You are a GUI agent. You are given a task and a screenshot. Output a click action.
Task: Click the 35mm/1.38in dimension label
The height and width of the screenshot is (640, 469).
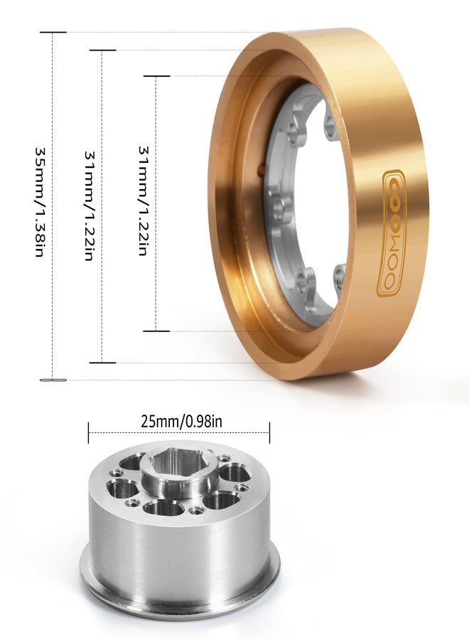point(40,203)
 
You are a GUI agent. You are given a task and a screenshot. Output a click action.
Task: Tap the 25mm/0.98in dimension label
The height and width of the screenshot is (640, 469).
point(182,421)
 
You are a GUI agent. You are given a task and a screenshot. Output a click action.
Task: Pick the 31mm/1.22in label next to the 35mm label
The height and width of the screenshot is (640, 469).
point(90,206)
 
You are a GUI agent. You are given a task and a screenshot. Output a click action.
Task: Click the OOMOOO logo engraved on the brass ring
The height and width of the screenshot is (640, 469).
point(392,233)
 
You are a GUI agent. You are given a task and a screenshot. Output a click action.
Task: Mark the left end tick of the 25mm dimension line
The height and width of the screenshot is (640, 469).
point(89,432)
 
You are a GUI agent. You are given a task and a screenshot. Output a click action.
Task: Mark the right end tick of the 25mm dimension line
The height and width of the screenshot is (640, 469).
point(269,432)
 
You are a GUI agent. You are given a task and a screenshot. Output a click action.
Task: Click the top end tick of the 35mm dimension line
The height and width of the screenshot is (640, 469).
point(53,33)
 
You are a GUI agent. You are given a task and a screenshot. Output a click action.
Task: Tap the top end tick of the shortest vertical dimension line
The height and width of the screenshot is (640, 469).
point(156,76)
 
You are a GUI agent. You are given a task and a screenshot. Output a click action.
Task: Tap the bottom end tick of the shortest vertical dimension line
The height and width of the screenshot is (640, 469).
point(156,331)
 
